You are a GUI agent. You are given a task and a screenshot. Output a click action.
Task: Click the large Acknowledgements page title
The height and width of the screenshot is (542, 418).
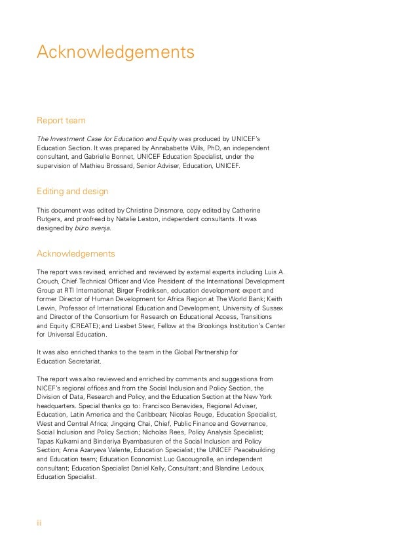pyautogui.click(x=115, y=52)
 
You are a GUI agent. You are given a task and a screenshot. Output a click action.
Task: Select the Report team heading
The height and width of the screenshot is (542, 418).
pyautogui.click(x=61, y=121)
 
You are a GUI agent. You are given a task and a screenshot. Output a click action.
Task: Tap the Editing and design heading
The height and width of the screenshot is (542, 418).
pyautogui.click(x=72, y=191)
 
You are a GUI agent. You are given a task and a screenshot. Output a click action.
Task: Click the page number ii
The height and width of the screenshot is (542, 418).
pyautogui.click(x=39, y=523)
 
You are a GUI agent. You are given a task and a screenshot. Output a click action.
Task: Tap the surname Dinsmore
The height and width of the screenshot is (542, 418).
pyautogui.click(x=174, y=210)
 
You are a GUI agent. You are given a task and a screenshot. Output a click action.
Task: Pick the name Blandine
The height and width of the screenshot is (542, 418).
pyautogui.click(x=238, y=469)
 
